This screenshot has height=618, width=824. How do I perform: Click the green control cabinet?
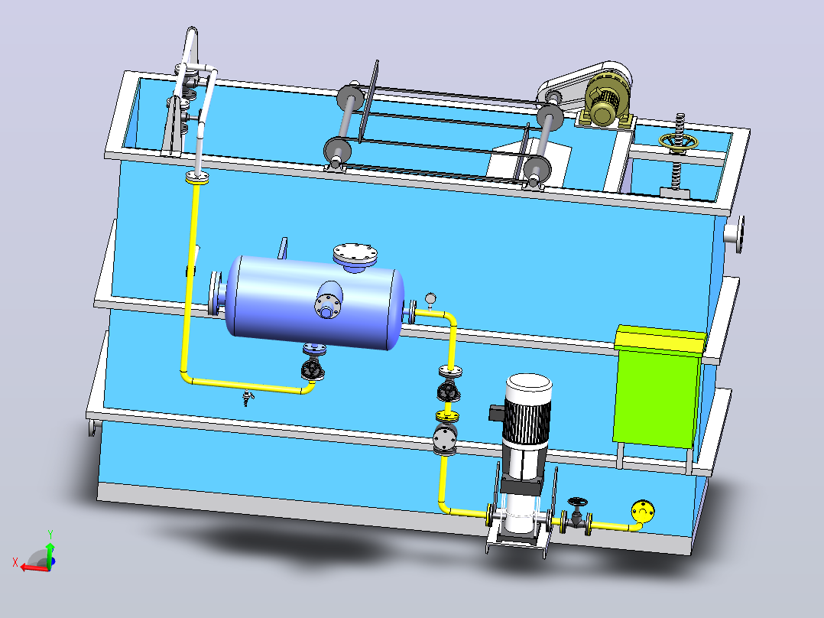(659, 386)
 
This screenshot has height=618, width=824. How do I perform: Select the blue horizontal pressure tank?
(315, 302)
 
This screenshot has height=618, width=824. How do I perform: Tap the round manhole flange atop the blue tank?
(355, 255)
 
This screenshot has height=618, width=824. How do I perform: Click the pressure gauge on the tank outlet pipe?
(430, 299)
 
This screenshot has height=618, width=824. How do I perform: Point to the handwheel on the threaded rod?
(679, 141)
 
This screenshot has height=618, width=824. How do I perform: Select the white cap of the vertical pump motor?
(529, 385)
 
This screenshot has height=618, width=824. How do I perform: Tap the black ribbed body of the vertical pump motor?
(527, 421)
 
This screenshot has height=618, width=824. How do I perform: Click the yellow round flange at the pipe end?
(643, 511)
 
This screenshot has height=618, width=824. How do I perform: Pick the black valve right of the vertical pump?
(578, 512)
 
